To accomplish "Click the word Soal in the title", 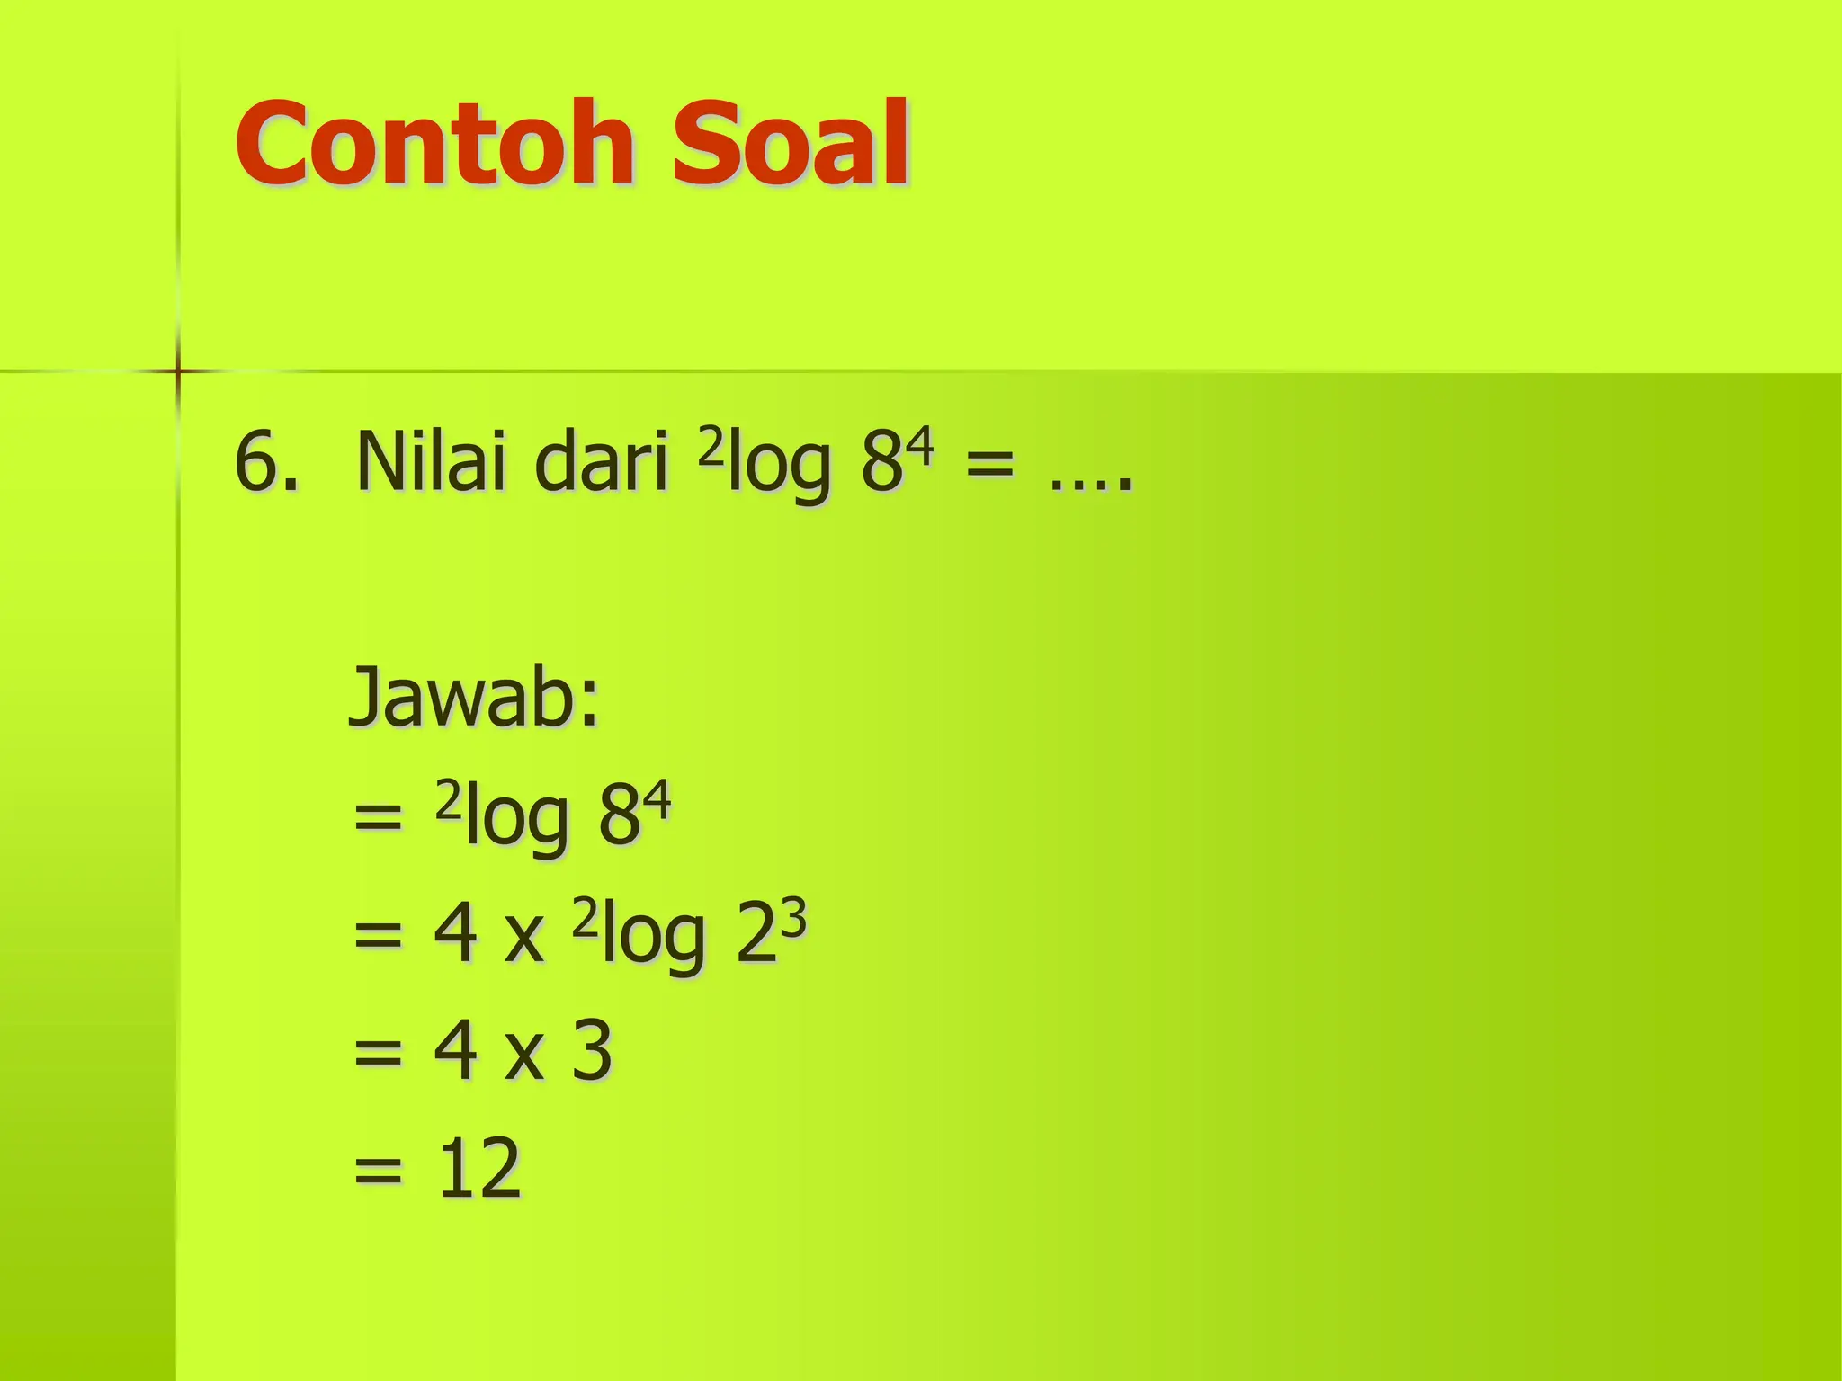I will click(x=791, y=144).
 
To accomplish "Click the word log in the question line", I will click(x=779, y=468).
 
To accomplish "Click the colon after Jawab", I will click(x=588, y=707).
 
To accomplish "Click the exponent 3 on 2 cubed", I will click(x=794, y=920).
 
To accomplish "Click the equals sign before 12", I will click(x=378, y=1171).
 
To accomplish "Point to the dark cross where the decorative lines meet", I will click(x=178, y=370).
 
